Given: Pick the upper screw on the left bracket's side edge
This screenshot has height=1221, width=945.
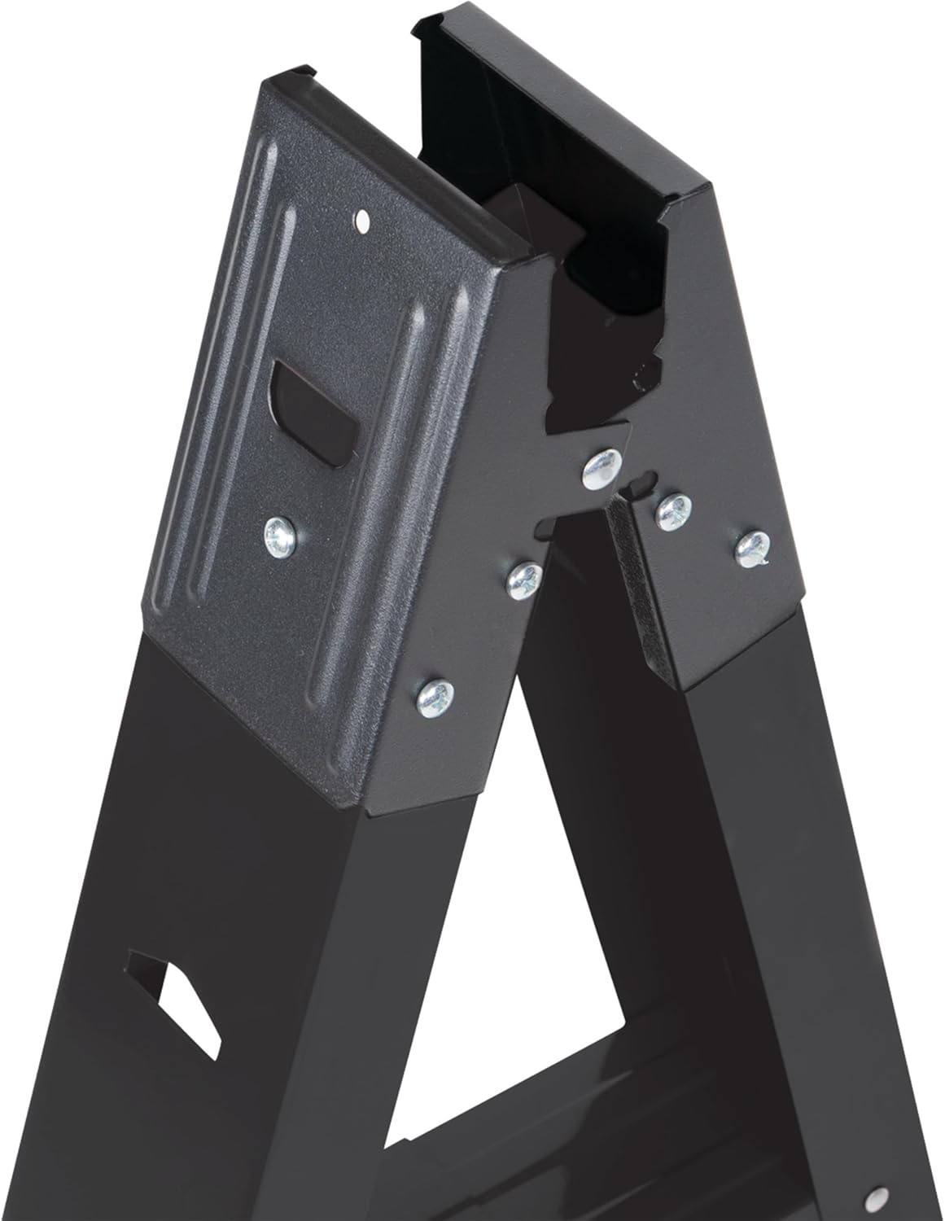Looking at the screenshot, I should (523, 579).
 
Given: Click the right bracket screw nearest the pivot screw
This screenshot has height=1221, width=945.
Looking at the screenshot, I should (674, 511).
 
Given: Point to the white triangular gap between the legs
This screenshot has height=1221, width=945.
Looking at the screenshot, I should (570, 855).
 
